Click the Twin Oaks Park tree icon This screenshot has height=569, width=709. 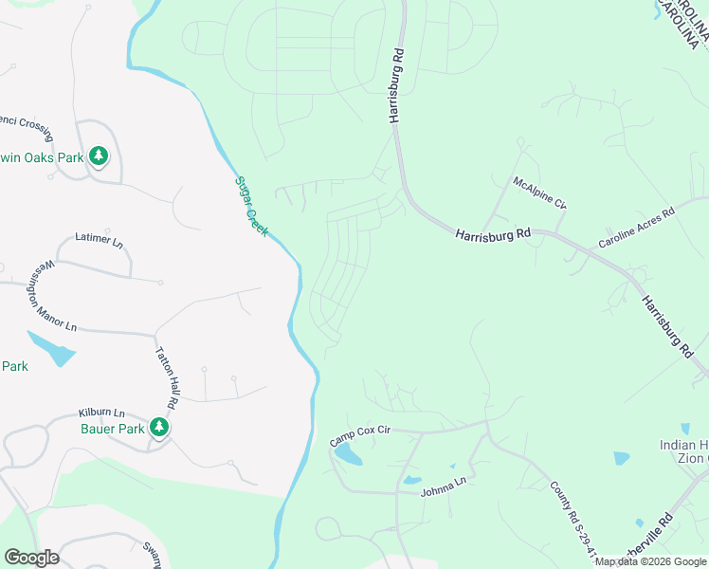tap(98, 156)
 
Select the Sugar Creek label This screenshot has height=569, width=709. tap(252, 206)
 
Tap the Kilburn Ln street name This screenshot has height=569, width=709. tap(101, 413)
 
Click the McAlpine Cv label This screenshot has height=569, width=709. tap(539, 192)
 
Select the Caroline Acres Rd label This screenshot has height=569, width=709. tap(635, 229)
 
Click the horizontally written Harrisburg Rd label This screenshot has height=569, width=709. tap(492, 234)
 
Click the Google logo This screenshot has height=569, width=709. tap(30, 558)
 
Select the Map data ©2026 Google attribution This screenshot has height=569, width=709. tap(650, 561)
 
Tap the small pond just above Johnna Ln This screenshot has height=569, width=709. tap(412, 480)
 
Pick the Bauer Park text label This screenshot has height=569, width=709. tap(112, 428)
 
